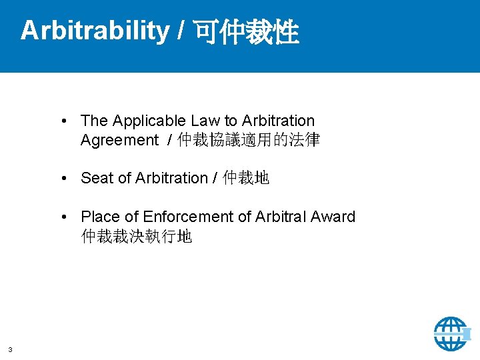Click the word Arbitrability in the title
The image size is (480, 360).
click(x=95, y=31)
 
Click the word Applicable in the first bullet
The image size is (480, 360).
click(x=149, y=121)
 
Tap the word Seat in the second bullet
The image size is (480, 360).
click(x=97, y=178)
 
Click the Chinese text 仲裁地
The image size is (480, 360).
click(x=246, y=178)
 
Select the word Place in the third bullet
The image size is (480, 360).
click(x=100, y=217)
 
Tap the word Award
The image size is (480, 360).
click(x=333, y=217)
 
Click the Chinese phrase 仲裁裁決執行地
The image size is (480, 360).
click(x=137, y=236)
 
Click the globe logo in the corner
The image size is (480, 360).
click(x=451, y=333)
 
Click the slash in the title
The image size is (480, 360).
click(x=181, y=31)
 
